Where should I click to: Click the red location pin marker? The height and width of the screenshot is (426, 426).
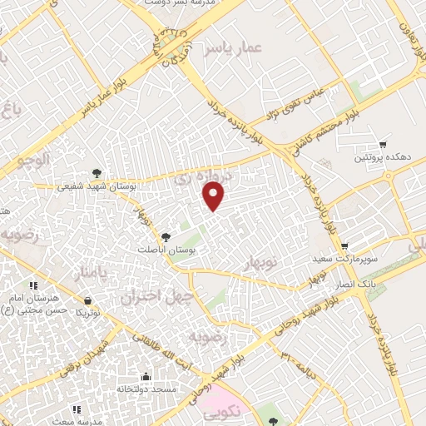point(215,196)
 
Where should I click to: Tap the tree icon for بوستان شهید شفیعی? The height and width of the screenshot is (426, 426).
point(98,172)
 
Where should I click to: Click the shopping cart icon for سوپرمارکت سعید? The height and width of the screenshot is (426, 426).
point(344,246)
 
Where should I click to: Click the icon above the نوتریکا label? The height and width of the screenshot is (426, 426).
point(87,300)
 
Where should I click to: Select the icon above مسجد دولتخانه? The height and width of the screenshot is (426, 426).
point(146,376)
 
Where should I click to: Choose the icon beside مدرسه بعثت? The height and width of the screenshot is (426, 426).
point(77,409)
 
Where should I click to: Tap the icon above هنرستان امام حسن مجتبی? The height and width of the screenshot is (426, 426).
point(32,285)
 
